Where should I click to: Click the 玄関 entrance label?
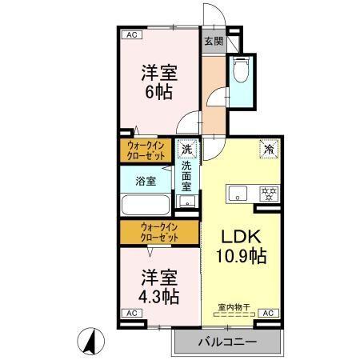coord(213,42)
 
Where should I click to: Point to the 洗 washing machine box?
coord(187,148)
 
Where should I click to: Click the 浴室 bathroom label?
coord(146,180)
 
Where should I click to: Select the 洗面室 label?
coord(186,176)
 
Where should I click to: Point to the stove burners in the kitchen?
coord(267,193)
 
